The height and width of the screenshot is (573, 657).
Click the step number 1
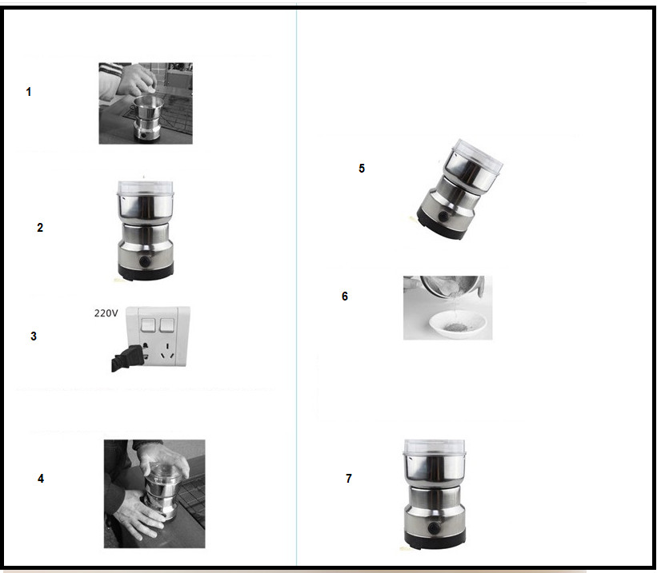(29, 92)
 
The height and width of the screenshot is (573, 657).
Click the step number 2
(40, 228)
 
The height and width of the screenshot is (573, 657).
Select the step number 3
(34, 336)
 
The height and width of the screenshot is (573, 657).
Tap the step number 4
(41, 479)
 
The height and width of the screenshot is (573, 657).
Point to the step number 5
(362, 169)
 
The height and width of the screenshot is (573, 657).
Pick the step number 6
(344, 296)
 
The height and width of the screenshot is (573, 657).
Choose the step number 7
(349, 479)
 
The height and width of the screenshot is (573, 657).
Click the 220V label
(106, 313)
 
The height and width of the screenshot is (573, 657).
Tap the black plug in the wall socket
(127, 358)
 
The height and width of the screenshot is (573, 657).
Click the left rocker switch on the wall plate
(148, 324)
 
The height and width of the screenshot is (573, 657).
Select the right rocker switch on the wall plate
(166, 324)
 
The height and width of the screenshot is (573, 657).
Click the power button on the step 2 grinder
(145, 261)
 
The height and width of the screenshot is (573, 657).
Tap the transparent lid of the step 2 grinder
(146, 189)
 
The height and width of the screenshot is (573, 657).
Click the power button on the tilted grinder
(443, 216)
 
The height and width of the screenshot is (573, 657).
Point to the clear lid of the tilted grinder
(478, 156)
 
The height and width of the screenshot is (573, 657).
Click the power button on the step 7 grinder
(434, 528)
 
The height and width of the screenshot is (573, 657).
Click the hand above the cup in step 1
(136, 81)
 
